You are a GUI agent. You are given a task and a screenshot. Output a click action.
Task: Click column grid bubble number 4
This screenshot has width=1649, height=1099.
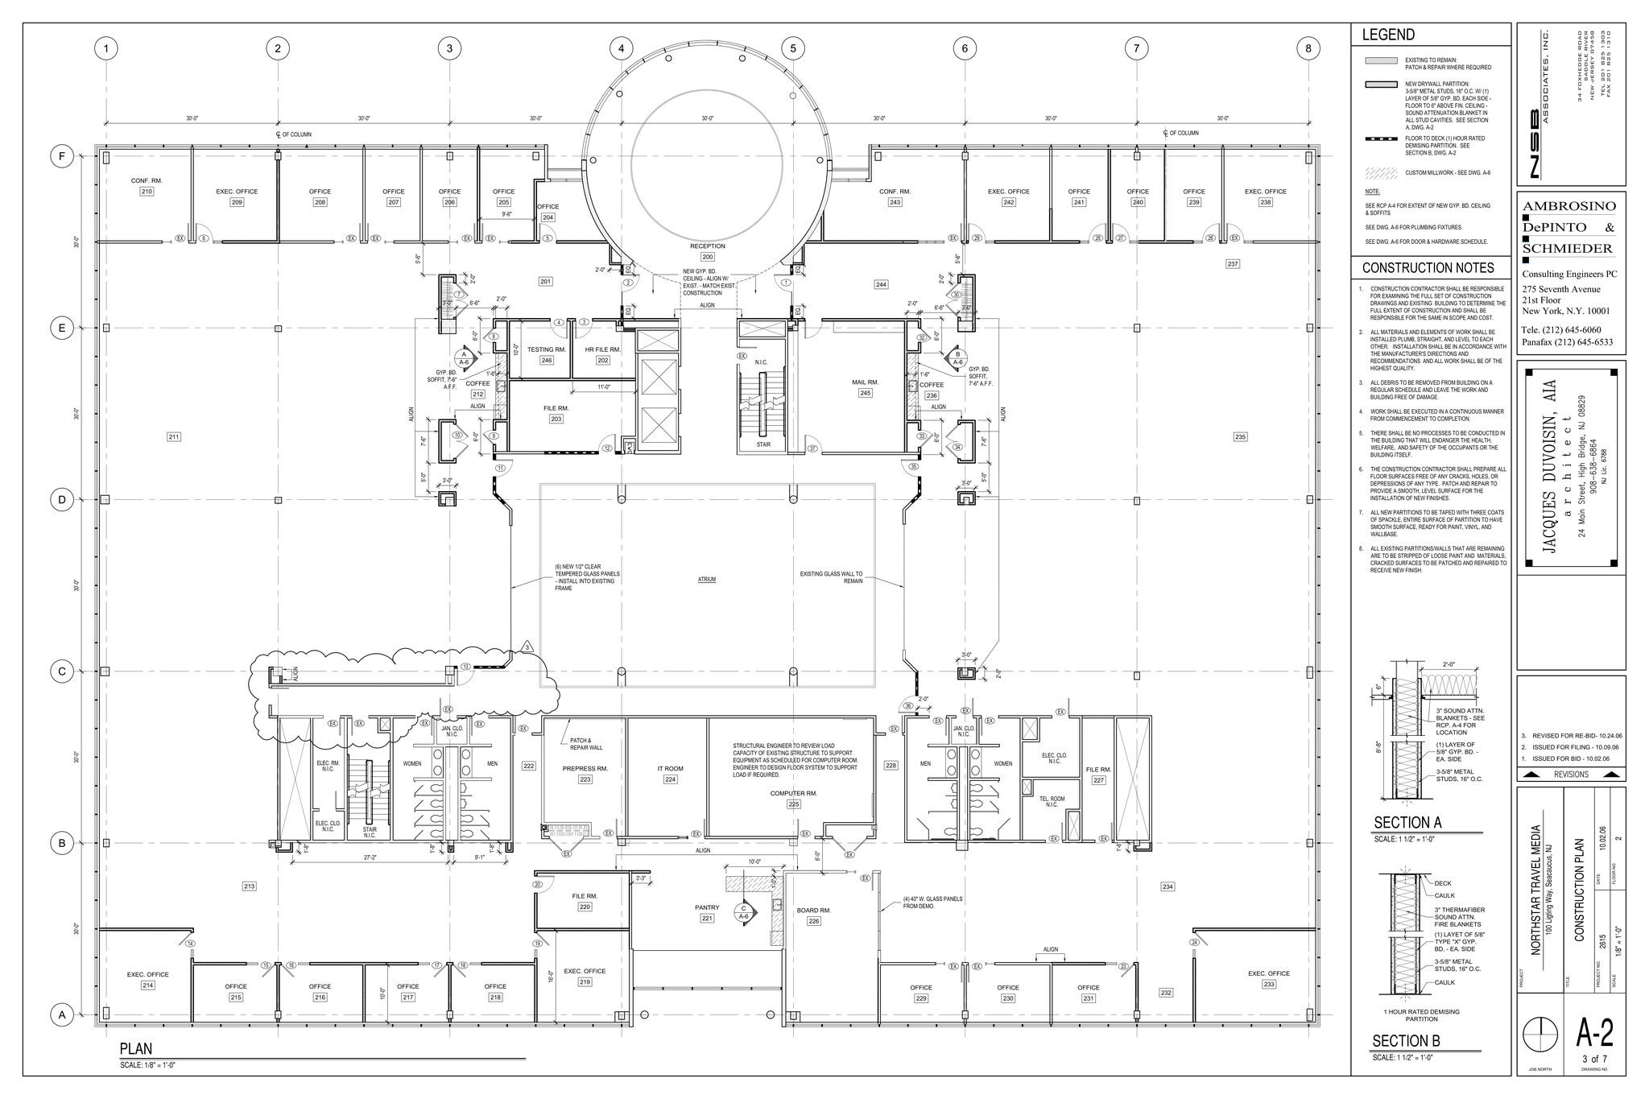tap(621, 48)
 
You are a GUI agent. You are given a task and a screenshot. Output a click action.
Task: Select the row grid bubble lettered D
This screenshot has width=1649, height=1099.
tap(62, 499)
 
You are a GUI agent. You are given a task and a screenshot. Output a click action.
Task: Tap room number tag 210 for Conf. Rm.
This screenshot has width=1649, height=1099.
tap(146, 192)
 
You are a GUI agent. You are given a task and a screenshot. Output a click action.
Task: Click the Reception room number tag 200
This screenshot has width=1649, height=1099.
tap(707, 257)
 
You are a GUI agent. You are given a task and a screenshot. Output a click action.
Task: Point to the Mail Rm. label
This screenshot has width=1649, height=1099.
tap(865, 382)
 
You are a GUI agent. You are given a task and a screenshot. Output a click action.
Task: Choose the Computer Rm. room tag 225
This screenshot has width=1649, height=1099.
tap(793, 804)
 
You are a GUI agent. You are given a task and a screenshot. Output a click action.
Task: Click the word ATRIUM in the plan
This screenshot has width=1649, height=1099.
tap(707, 580)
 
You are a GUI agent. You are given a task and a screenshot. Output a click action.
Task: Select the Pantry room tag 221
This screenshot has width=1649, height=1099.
tap(707, 918)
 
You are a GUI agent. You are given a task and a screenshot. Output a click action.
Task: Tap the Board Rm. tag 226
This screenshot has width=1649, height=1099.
tap(813, 921)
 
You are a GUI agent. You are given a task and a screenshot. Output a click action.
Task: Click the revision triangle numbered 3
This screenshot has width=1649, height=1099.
tap(527, 647)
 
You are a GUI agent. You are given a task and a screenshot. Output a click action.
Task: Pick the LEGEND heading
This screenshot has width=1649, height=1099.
tap(1388, 35)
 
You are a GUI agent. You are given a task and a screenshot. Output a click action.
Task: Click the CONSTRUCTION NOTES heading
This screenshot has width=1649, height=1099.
tap(1428, 268)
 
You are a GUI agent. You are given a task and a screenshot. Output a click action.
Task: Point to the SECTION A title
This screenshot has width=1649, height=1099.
tap(1407, 823)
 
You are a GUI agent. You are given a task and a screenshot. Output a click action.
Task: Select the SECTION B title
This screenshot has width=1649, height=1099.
tap(1406, 1040)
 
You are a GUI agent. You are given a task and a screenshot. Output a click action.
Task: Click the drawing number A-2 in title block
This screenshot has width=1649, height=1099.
tap(1594, 1031)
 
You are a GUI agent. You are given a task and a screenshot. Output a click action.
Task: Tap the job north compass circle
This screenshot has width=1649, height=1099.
tap(1539, 1033)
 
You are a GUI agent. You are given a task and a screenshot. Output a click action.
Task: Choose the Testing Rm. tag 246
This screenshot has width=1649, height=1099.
tap(547, 360)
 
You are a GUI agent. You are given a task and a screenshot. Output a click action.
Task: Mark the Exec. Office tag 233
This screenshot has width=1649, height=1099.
tap(1269, 984)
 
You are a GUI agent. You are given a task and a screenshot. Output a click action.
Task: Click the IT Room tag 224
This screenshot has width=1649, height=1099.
tap(670, 779)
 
